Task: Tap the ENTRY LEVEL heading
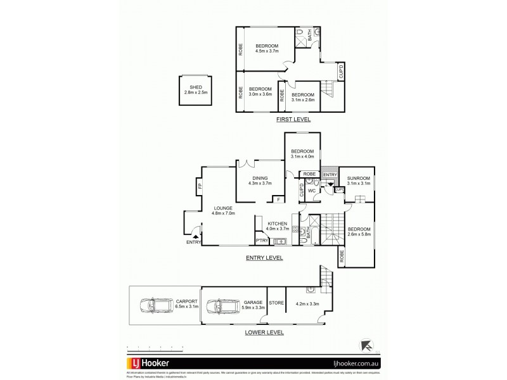(264, 258)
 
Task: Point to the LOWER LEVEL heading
(265, 332)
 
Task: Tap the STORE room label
(276, 303)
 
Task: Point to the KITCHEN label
(278, 224)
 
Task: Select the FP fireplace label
(200, 186)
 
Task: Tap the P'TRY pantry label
(260, 241)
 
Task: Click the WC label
(312, 190)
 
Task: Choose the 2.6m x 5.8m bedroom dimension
(358, 234)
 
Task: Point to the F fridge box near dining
(276, 199)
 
